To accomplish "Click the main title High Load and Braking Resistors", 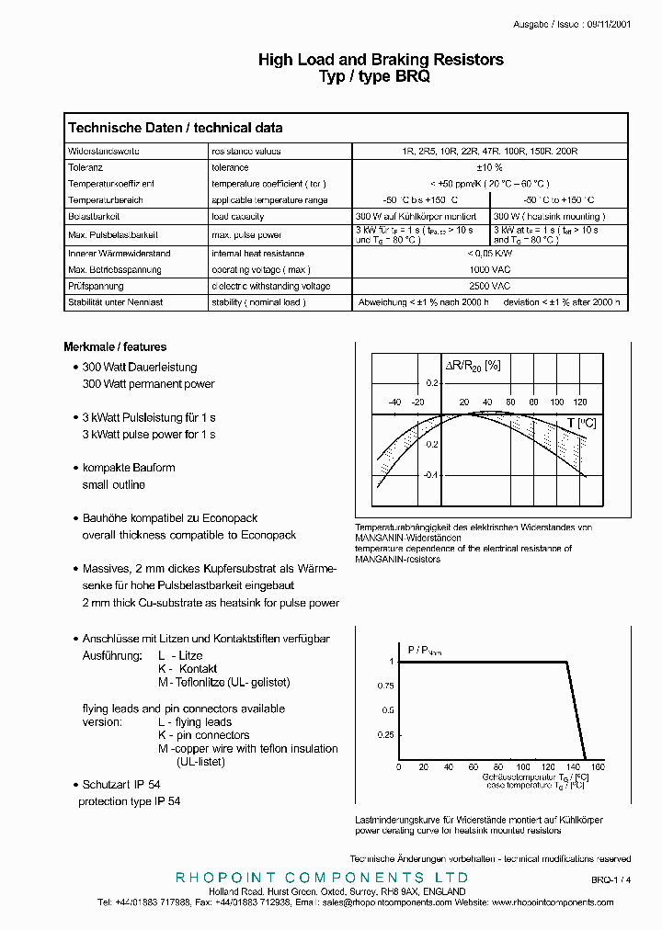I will tap(381, 60).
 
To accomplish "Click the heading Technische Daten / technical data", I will tap(176, 129).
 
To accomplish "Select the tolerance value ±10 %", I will tap(488, 167).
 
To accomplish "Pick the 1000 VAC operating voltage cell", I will tap(488, 270).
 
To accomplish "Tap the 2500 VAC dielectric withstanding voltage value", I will tap(488, 286).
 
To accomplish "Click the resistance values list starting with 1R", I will tap(489, 151).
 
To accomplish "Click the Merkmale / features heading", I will tap(115, 347).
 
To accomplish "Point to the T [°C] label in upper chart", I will tap(582, 423).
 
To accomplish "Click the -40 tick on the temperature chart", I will tap(394, 403).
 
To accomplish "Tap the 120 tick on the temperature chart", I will tap(579, 403).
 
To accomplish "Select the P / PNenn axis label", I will tap(424, 650).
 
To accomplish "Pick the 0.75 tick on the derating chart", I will tap(384, 686).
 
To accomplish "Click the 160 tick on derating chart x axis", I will tap(598, 766).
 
